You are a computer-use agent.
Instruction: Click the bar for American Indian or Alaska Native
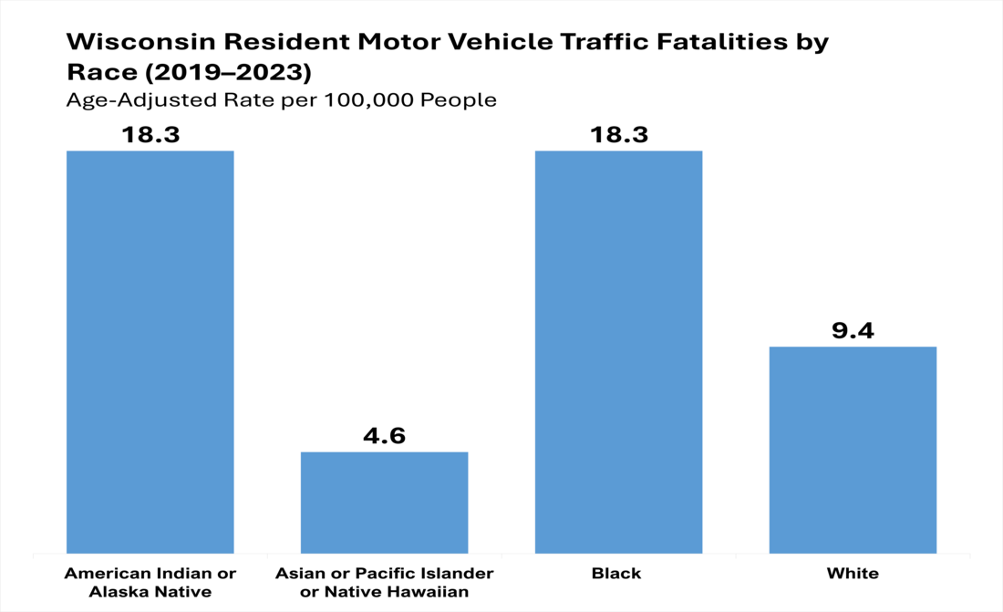point(150,351)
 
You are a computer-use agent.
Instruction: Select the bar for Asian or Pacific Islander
point(384,502)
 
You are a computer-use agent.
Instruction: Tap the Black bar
point(618,351)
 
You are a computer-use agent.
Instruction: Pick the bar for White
point(853,450)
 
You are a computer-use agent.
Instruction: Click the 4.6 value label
point(384,435)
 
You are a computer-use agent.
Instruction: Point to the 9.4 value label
point(853,330)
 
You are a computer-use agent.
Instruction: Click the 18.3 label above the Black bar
point(618,135)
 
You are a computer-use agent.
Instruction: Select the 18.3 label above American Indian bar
point(150,135)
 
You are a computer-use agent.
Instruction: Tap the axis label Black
point(617,574)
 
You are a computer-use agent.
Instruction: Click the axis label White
point(853,574)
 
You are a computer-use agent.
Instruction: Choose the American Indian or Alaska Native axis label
point(150,582)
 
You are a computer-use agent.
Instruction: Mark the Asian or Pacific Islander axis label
point(384,574)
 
